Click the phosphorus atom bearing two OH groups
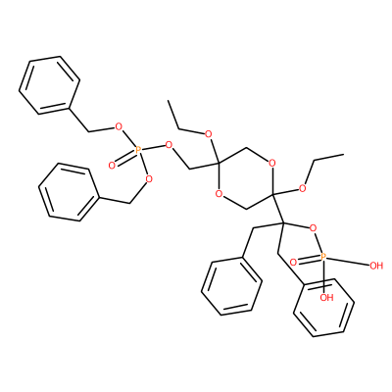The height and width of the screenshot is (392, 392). point(322,257)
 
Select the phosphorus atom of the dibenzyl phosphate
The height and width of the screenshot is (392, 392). point(138,151)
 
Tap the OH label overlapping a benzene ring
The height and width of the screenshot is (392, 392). point(326,297)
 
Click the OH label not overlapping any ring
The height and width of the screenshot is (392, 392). point(376,266)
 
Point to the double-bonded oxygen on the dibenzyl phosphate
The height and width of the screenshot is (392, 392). point(112,166)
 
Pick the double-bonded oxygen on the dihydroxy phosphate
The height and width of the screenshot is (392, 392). point(293,262)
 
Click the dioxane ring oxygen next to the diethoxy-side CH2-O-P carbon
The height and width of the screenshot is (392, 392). point(220,194)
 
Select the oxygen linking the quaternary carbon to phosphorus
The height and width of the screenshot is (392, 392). point(313,227)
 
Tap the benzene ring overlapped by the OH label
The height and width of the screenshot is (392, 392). point(323,307)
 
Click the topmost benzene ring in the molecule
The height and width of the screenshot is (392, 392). point(50,85)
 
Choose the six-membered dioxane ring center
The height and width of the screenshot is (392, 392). point(246,178)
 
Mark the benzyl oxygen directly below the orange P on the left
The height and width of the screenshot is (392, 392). point(149,178)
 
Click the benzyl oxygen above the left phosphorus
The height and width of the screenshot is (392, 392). point(119,126)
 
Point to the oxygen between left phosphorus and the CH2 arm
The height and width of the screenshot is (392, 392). point(169,145)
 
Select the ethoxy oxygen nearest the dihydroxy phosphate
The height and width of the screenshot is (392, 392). point(303,188)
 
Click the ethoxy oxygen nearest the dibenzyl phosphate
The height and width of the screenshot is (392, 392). point(208,134)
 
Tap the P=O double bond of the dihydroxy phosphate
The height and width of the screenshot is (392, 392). point(308,259)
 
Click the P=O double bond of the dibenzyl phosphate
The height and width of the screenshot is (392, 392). point(125,159)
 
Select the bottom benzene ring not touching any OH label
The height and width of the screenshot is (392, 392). point(231,286)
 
